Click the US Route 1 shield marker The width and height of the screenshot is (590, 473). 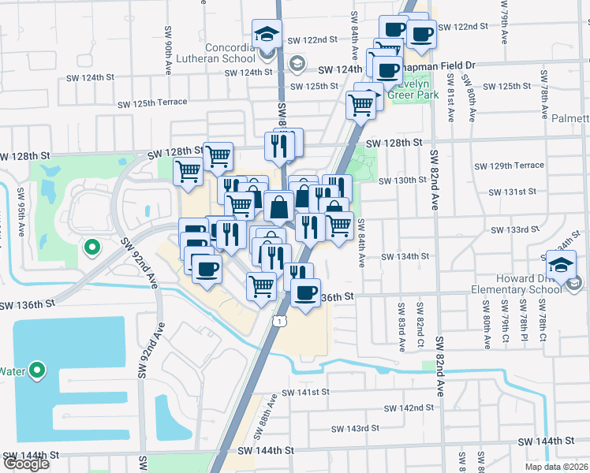pos(280,320)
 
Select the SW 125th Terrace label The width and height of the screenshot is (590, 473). pos(153,102)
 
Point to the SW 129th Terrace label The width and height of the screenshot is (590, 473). pos(510,166)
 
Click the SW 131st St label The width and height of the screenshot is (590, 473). pos(512,192)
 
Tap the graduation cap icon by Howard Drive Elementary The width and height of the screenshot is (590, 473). pos(561,264)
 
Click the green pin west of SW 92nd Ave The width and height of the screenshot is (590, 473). pos(91,248)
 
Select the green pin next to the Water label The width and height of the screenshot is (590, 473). pos(36,371)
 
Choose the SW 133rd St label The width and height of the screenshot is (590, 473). pos(514,230)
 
